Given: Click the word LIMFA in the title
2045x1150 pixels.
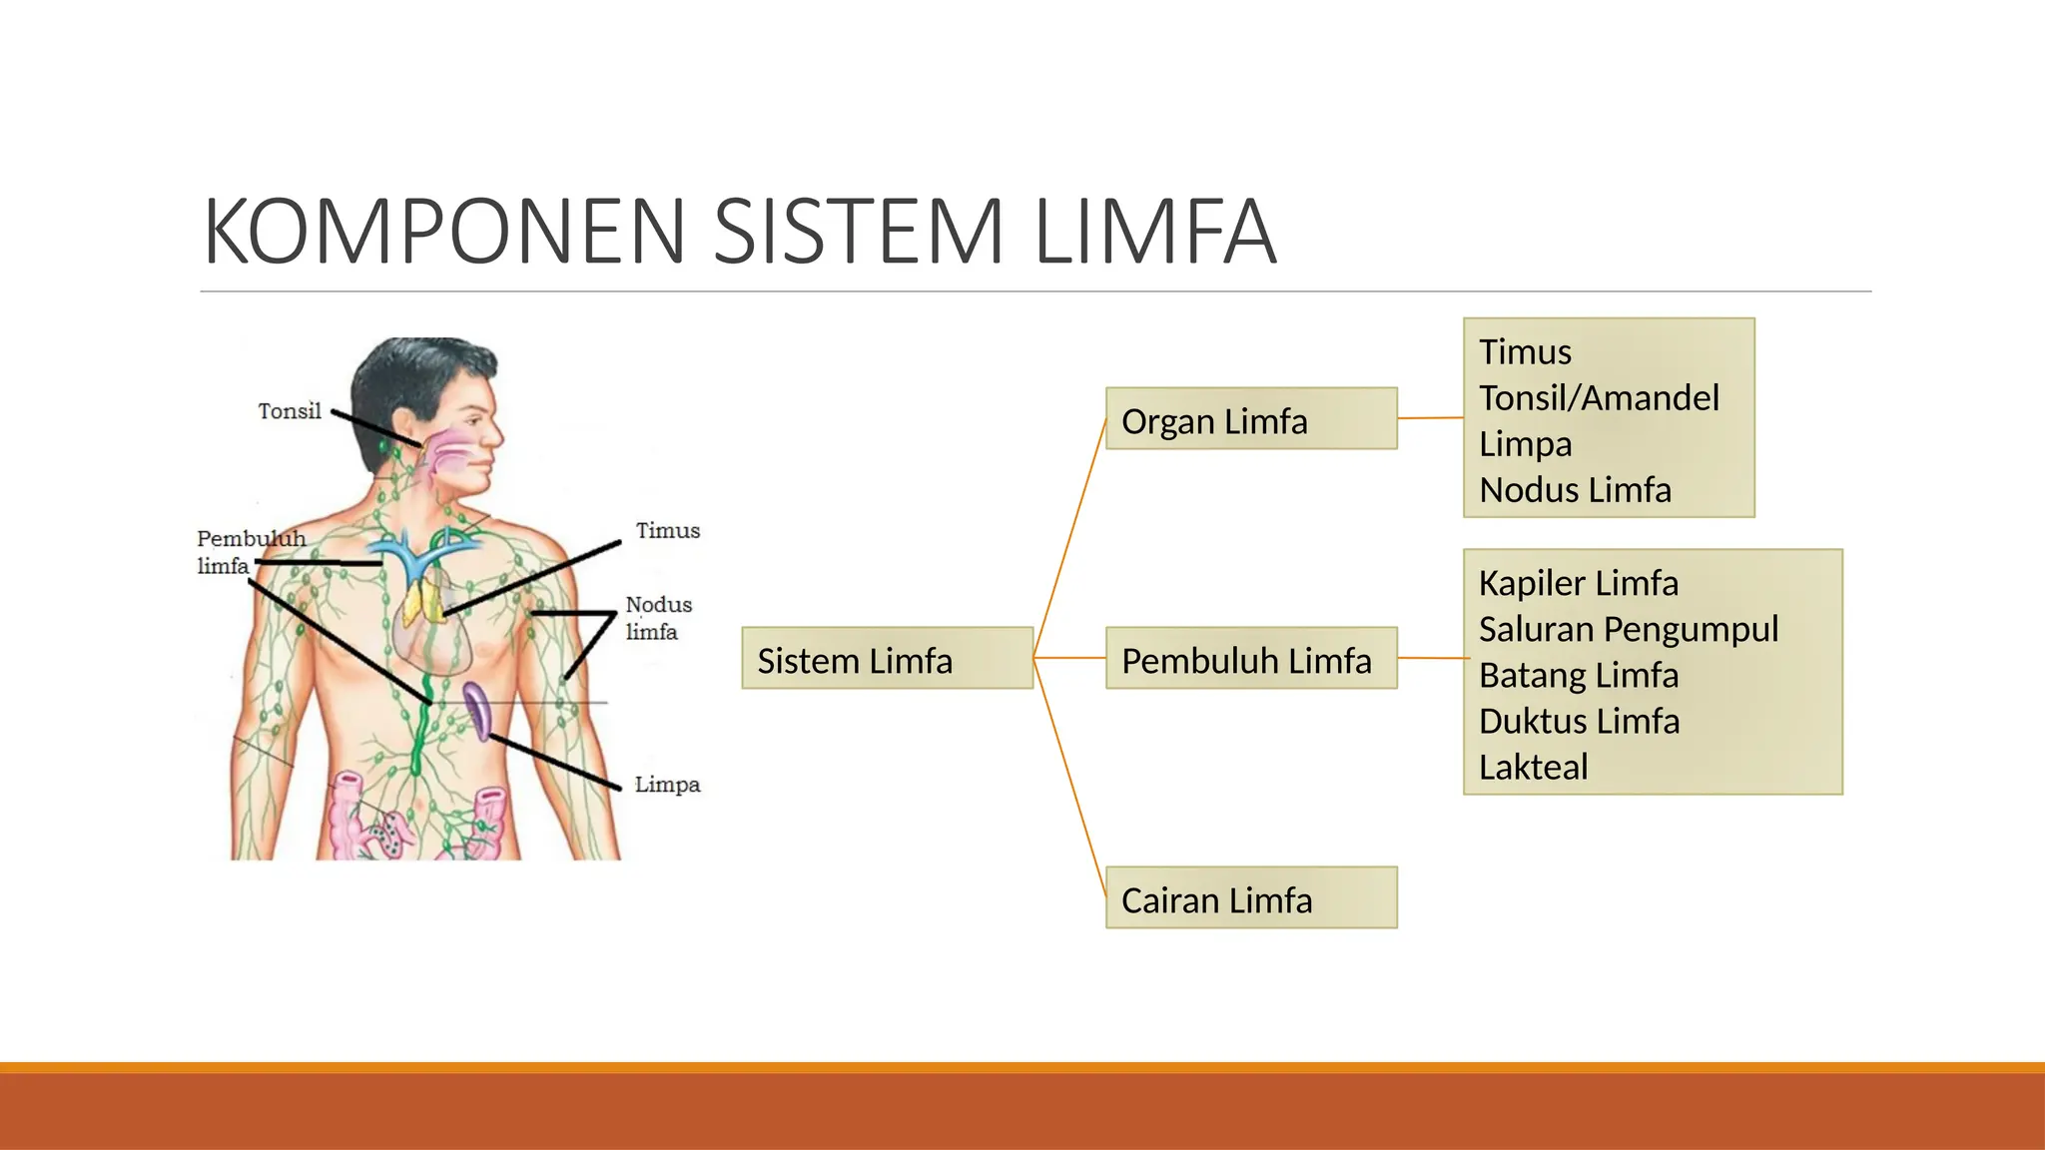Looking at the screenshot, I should (x=1155, y=232).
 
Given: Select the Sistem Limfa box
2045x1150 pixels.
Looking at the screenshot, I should (x=887, y=659).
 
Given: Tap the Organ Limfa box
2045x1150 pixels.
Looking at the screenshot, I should (x=1250, y=419).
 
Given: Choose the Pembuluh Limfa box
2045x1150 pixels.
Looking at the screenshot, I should (x=1250, y=659).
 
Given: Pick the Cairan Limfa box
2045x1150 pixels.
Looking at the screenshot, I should (x=1250, y=898).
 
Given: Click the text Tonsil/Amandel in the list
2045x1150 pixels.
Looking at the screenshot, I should (x=1598, y=398).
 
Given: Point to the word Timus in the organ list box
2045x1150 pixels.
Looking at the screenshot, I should (x=1525, y=352).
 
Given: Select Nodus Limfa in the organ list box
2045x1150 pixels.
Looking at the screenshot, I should (x=1575, y=490).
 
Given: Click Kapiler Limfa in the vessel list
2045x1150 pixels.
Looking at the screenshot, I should (x=1578, y=583).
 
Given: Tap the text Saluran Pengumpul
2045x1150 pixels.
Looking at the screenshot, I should (x=1628, y=629).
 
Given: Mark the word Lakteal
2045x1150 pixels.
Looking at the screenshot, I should (x=1533, y=767).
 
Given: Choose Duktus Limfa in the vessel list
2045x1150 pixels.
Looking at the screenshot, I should (x=1579, y=721).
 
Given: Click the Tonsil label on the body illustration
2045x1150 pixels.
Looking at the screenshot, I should (x=290, y=411).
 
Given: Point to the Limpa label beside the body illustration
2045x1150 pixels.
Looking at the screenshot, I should (x=667, y=785).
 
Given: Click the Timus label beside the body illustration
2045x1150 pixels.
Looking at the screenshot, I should (x=667, y=531).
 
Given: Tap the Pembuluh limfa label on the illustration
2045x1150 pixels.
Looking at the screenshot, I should (x=250, y=552).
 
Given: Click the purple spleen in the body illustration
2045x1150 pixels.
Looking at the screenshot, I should (x=477, y=709).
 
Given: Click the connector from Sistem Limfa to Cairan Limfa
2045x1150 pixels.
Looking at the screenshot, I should (x=1070, y=779).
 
